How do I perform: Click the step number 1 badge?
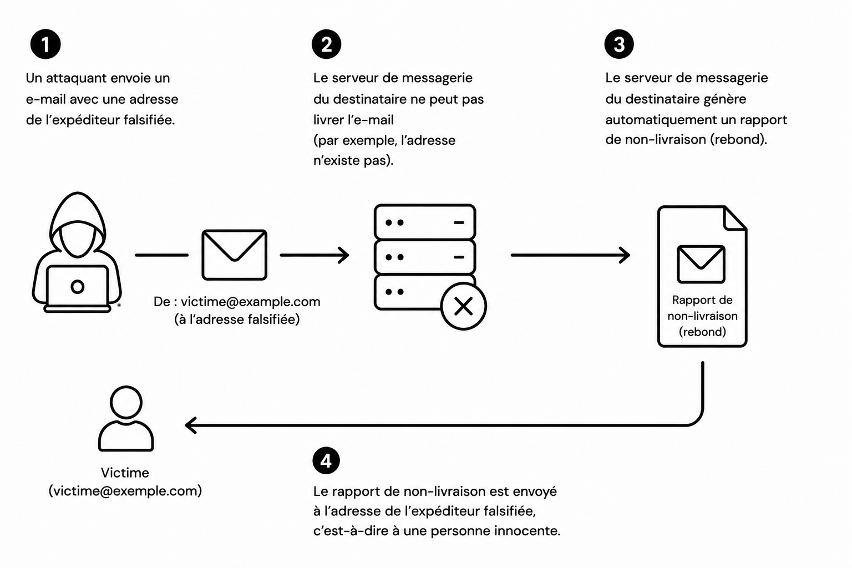tap(45, 44)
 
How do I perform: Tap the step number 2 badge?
tap(326, 44)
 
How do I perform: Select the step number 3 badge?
tap(619, 44)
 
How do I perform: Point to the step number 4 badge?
tap(326, 461)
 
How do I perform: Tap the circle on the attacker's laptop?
tap(78, 286)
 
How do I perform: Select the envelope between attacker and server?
tap(234, 255)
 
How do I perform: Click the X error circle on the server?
tap(463, 306)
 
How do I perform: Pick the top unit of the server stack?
tap(425, 222)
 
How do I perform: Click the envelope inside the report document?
tap(701, 265)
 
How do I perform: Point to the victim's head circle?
tap(126, 402)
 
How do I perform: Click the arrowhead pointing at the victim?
tap(190, 425)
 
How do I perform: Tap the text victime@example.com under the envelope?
tap(250, 302)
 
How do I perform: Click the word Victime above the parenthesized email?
tap(125, 473)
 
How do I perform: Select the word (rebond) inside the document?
tap(703, 332)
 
